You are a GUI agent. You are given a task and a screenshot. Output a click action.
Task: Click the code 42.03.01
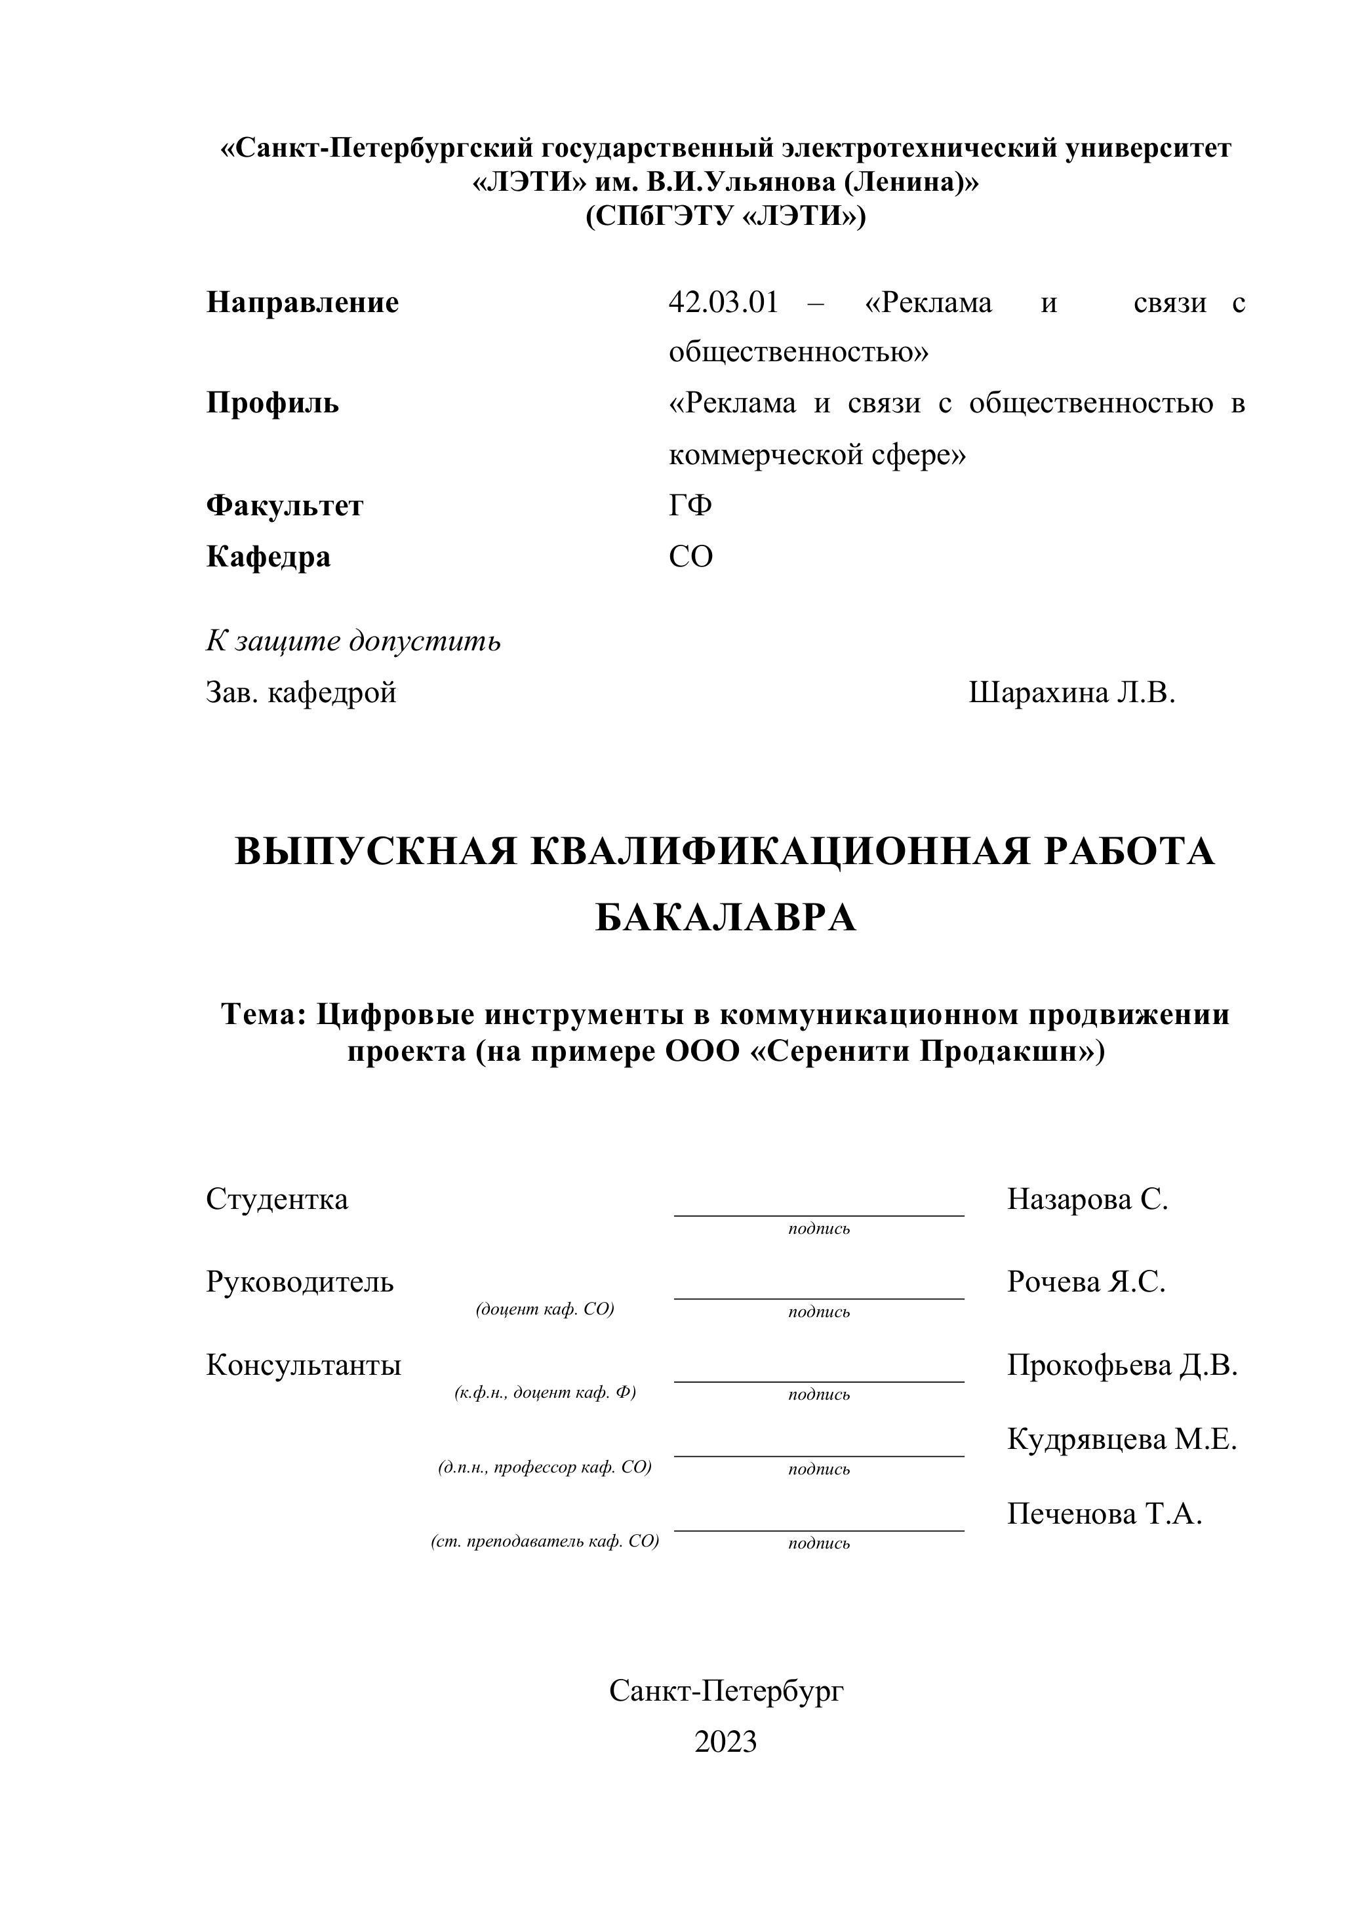pos(723,302)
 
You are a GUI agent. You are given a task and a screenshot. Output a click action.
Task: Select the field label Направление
pos(302,302)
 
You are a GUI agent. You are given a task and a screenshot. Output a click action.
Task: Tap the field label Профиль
pos(272,403)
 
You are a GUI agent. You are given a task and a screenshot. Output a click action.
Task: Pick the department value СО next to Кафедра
pos(690,556)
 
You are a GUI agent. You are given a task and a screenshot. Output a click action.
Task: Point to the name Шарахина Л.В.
pos(1071,692)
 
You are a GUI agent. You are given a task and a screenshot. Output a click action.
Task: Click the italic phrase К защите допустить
pos(353,641)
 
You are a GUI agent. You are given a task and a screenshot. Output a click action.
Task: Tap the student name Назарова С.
pos(1087,1199)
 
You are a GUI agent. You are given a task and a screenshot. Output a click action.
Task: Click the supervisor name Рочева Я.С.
pos(1085,1282)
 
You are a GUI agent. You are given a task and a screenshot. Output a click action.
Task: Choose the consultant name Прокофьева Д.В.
pos(1121,1365)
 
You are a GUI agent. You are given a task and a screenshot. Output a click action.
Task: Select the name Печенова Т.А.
pos(1104,1514)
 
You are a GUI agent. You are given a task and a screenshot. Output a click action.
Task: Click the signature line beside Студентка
pos(818,1215)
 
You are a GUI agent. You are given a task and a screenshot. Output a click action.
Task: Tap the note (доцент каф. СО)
pos(544,1309)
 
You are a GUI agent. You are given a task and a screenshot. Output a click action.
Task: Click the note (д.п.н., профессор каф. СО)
pos(544,1467)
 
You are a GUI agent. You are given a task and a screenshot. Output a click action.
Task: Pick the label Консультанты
pos(303,1365)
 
